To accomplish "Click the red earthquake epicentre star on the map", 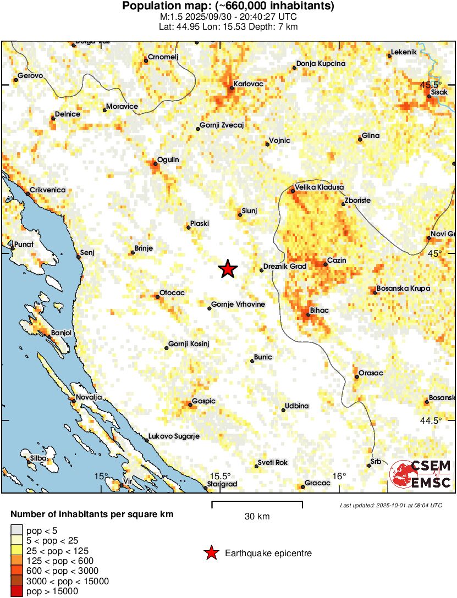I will pyautogui.click(x=228, y=269).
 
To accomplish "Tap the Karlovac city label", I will pyautogui.click(x=249, y=84).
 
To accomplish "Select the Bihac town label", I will pyautogui.click(x=319, y=311).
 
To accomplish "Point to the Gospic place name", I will pyautogui.click(x=204, y=401).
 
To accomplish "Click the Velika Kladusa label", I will pyautogui.click(x=319, y=187).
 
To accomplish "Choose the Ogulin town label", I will pyautogui.click(x=168, y=160).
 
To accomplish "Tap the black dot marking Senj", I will pyautogui.click(x=78, y=256).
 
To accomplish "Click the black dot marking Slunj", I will pyautogui.click(x=240, y=215).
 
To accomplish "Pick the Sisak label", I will pyautogui.click(x=439, y=92).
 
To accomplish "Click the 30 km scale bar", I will pyautogui.click(x=257, y=502).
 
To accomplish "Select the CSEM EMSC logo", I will pyautogui.click(x=421, y=474).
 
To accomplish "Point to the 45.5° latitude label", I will pyautogui.click(x=431, y=85).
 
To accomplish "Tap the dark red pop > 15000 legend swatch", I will pyautogui.click(x=18, y=591).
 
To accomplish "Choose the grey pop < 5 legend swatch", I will pyautogui.click(x=18, y=530).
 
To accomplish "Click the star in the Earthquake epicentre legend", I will pyautogui.click(x=211, y=553).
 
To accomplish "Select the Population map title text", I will pyautogui.click(x=228, y=7).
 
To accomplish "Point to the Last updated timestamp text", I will pyautogui.click(x=390, y=505).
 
